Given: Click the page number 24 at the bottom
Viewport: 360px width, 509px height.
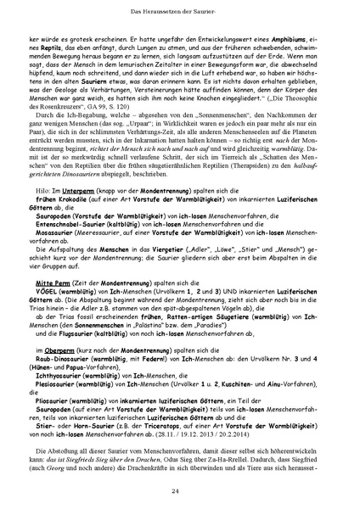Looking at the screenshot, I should pos(180,490).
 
